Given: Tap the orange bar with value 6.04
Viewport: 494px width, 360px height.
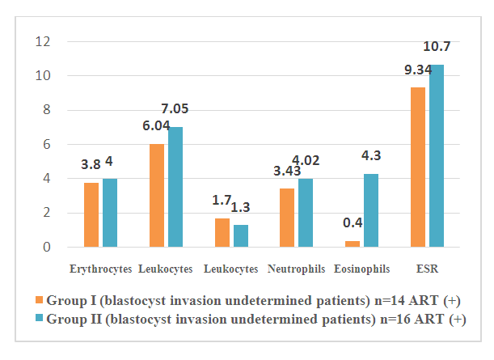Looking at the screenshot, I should coord(158,196).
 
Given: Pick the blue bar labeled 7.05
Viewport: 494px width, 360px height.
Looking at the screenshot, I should coord(175,187).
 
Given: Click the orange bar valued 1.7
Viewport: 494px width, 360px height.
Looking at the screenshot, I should coord(223,233).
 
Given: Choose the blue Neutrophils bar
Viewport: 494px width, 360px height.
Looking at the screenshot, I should coord(306,213).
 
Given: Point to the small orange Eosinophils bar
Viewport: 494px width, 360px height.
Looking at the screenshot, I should coord(353,244).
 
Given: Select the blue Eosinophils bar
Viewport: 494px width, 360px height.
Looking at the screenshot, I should coord(371,210).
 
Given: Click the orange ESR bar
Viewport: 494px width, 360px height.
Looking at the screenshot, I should coord(419,167).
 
